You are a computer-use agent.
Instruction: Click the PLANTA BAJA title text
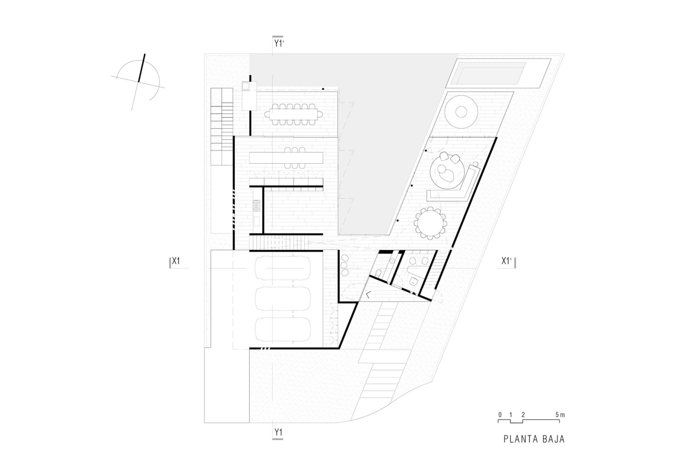[x=534, y=439]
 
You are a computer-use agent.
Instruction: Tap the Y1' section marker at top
[x=278, y=44]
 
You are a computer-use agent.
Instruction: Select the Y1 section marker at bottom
[x=278, y=433]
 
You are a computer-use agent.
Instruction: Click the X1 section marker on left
[x=175, y=261]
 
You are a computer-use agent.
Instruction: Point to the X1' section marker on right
[x=507, y=261]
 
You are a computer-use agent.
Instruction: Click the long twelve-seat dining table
[x=293, y=114]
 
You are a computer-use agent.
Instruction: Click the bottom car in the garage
[x=283, y=330]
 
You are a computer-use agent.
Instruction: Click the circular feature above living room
[x=460, y=111]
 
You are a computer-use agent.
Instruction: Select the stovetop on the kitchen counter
[x=256, y=205]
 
